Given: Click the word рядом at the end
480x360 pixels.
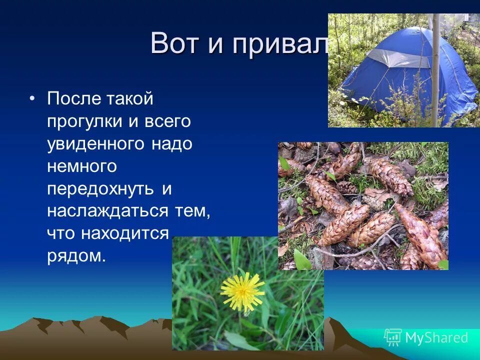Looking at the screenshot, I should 76,255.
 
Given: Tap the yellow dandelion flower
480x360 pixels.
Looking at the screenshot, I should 242,291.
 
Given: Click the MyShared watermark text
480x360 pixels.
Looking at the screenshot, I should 436,338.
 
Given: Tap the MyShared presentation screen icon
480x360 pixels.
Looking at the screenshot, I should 392,337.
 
